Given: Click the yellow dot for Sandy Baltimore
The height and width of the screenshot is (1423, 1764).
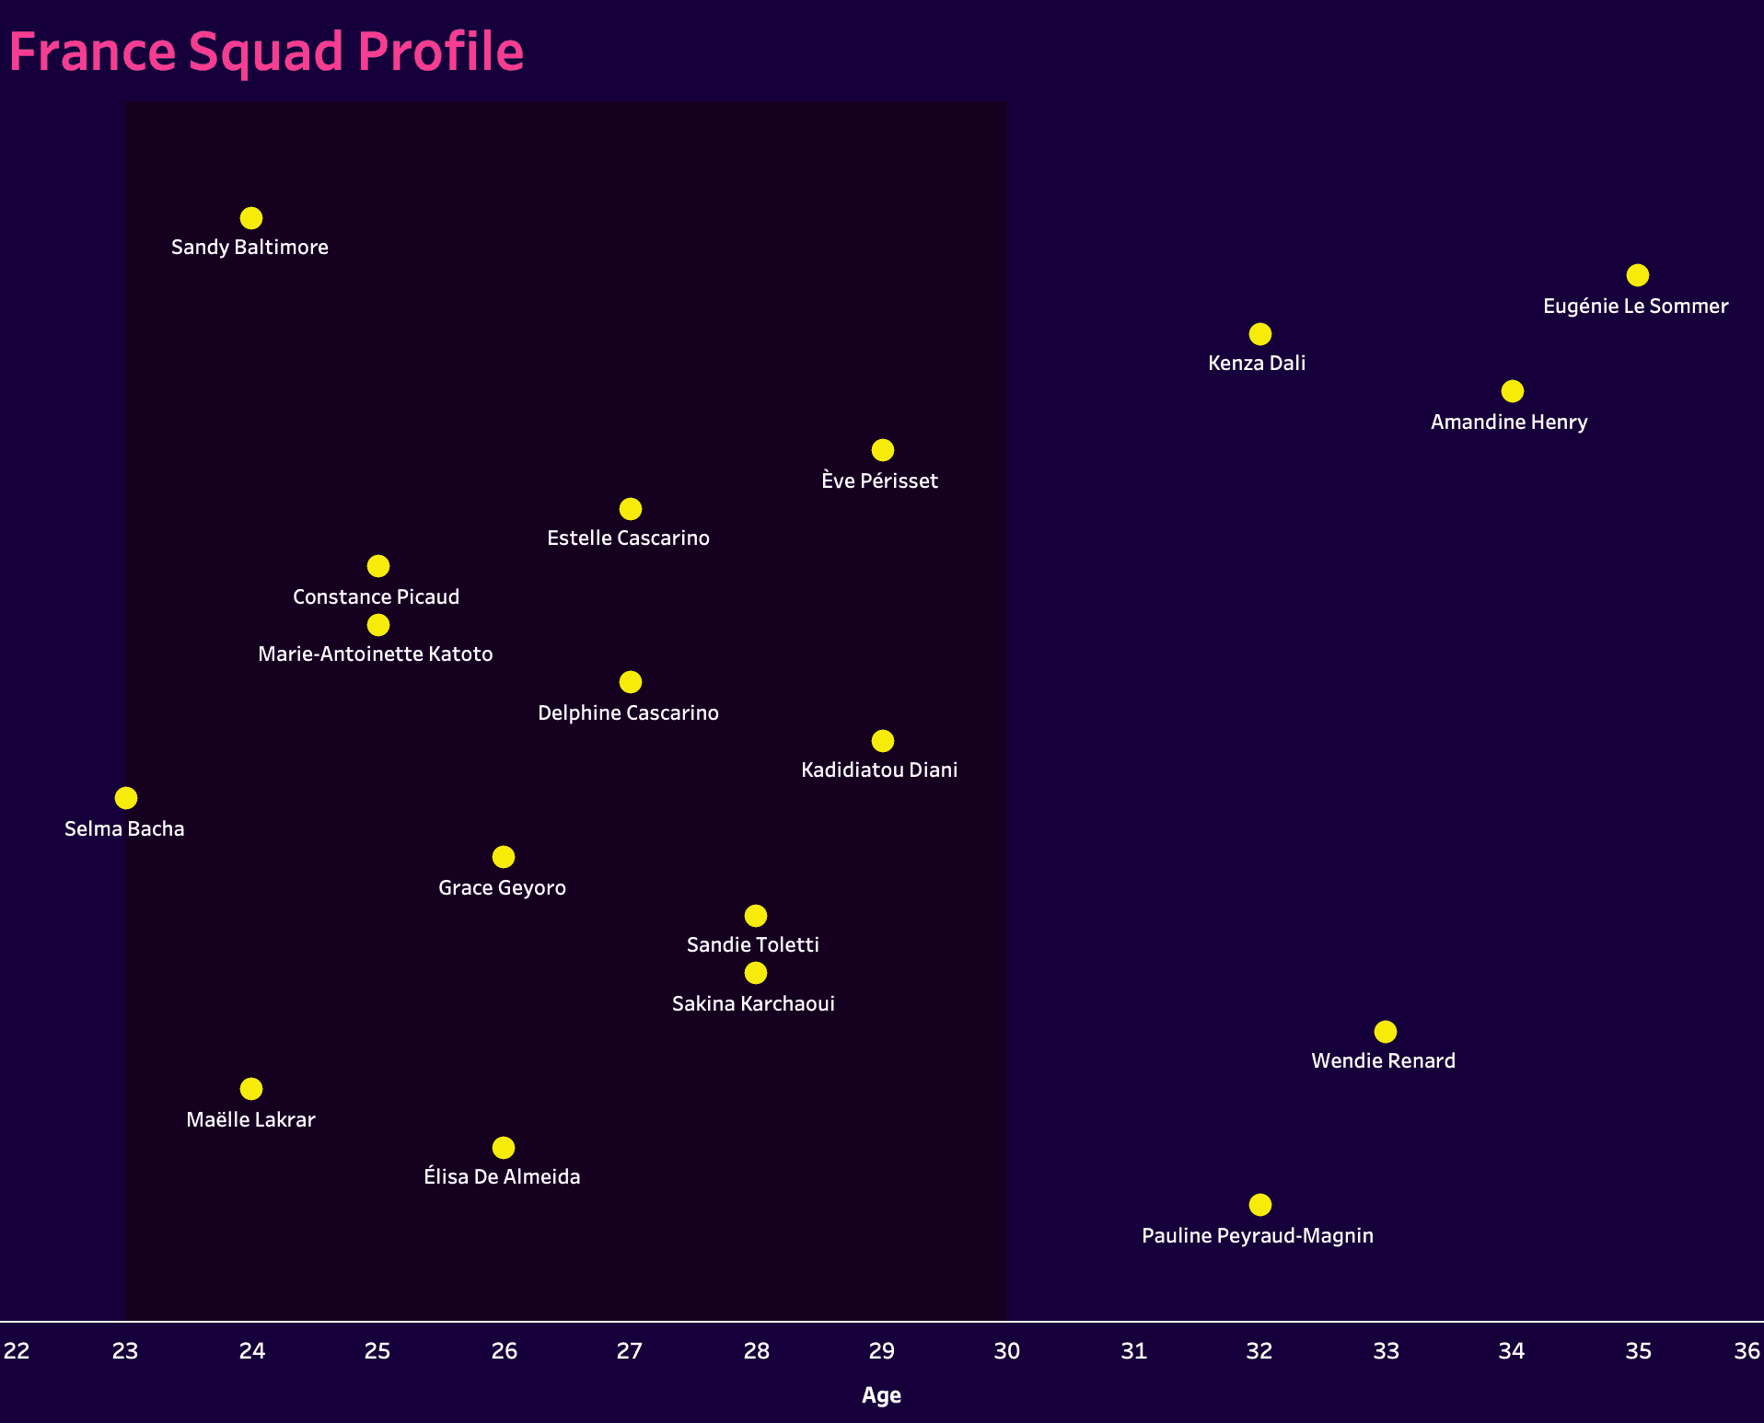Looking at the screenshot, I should click(251, 218).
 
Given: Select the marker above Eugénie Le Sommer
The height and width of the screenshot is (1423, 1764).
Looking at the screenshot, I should click(1637, 275).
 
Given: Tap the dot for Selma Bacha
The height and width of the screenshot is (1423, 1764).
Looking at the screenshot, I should click(126, 798).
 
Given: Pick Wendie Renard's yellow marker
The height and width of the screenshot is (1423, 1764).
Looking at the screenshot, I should click(1385, 1032).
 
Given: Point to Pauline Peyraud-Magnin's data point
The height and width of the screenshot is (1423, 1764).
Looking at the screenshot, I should click(1259, 1205).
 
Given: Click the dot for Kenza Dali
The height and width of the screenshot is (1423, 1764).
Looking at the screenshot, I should click(1259, 334).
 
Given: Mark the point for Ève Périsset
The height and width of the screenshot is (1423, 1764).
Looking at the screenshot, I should click(882, 450).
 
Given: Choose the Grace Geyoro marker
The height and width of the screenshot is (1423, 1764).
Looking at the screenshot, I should click(503, 857).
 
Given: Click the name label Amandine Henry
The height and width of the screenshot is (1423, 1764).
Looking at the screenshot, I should click(1508, 422).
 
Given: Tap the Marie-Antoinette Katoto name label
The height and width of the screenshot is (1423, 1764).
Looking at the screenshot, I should click(375, 654).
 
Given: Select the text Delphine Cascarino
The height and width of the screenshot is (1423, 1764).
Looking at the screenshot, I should click(628, 713).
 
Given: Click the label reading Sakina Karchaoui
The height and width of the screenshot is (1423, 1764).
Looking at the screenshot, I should click(753, 1004).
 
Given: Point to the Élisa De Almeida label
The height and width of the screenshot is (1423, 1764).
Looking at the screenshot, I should click(502, 1177).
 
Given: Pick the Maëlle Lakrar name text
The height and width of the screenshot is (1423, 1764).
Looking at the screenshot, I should click(250, 1120).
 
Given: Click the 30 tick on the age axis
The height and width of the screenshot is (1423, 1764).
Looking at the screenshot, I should click(1006, 1351).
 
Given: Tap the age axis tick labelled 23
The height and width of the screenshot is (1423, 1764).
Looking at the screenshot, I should click(125, 1351).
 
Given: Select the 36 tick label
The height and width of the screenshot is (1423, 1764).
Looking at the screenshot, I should click(1747, 1351).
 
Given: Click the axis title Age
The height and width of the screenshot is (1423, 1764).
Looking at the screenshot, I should click(881, 1395).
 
